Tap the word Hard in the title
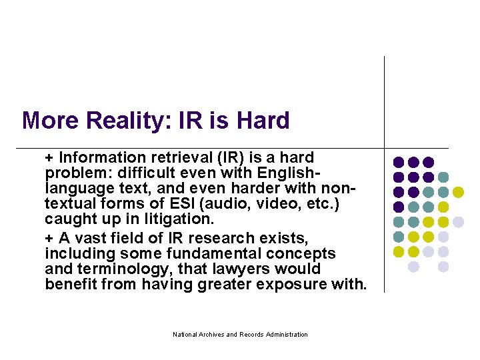[x=263, y=121]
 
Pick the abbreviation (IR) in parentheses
[x=231, y=158]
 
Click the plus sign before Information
[x=49, y=158]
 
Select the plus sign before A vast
[x=49, y=238]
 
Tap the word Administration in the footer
[x=285, y=334]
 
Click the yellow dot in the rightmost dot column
[x=458, y=192]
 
